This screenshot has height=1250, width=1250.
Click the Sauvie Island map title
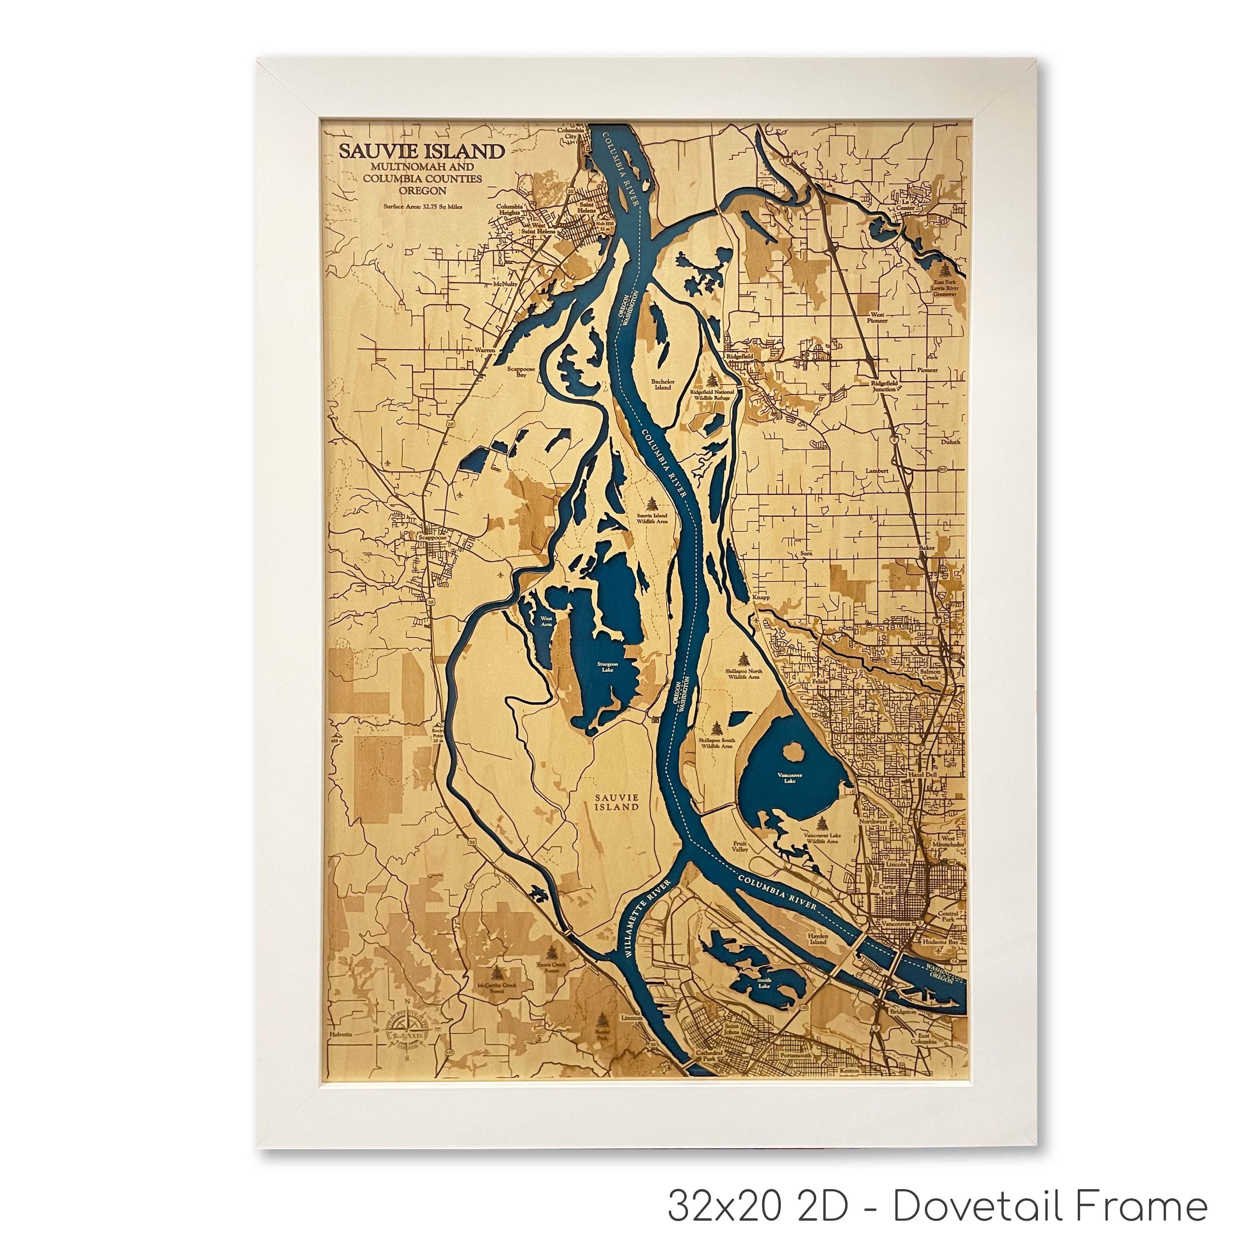pyautogui.click(x=422, y=151)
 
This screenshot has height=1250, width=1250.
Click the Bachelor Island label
pyautogui.click(x=662, y=384)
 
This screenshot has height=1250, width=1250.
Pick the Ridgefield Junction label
pyautogui.click(x=883, y=385)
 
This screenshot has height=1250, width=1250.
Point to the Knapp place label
pyautogui.click(x=761, y=597)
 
